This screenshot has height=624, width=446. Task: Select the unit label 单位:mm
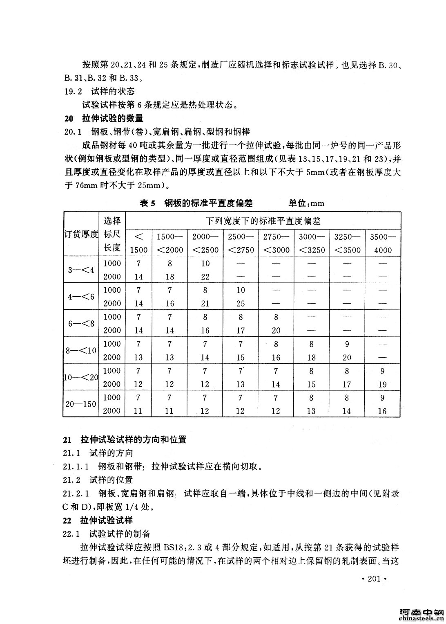[307, 203]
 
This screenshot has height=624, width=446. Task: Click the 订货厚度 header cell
[81, 234]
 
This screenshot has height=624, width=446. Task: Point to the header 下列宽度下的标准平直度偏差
[263, 221]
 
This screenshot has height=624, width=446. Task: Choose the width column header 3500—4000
[382, 243]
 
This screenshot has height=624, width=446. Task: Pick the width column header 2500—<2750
[241, 243]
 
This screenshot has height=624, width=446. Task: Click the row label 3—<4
[81, 270]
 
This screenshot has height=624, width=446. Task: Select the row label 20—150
[81, 404]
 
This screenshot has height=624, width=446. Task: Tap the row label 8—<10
[81, 351]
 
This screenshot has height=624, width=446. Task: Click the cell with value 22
[205, 277]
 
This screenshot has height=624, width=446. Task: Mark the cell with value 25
[241, 304]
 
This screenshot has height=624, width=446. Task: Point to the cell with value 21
[205, 304]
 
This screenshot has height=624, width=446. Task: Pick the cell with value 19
[382, 384]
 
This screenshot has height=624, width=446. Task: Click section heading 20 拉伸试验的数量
[104, 119]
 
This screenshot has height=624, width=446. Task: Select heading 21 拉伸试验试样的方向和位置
[125, 440]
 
